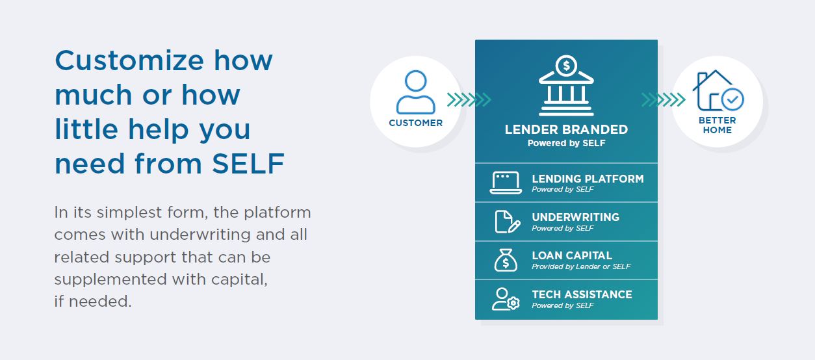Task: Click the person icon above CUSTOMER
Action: pyautogui.click(x=415, y=92)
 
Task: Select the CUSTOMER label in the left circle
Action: pyautogui.click(x=415, y=123)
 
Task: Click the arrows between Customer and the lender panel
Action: pyautogui.click(x=469, y=99)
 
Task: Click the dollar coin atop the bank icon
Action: pyautogui.click(x=567, y=65)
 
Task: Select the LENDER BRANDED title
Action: pyautogui.click(x=566, y=129)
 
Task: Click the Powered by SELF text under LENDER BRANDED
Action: pyautogui.click(x=566, y=143)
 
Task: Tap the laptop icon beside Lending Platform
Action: pyautogui.click(x=506, y=183)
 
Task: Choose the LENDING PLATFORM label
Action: pyautogui.click(x=588, y=179)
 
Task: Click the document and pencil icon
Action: pyautogui.click(x=507, y=222)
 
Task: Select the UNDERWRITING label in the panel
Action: pyautogui.click(x=575, y=217)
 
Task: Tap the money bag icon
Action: pyautogui.click(x=506, y=261)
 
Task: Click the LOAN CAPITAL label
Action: pyautogui.click(x=572, y=255)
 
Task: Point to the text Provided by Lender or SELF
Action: pyautogui.click(x=581, y=266)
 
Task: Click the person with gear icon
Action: pyautogui.click(x=506, y=299)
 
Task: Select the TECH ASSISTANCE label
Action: pyautogui.click(x=582, y=294)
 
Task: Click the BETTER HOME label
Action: pyautogui.click(x=717, y=125)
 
